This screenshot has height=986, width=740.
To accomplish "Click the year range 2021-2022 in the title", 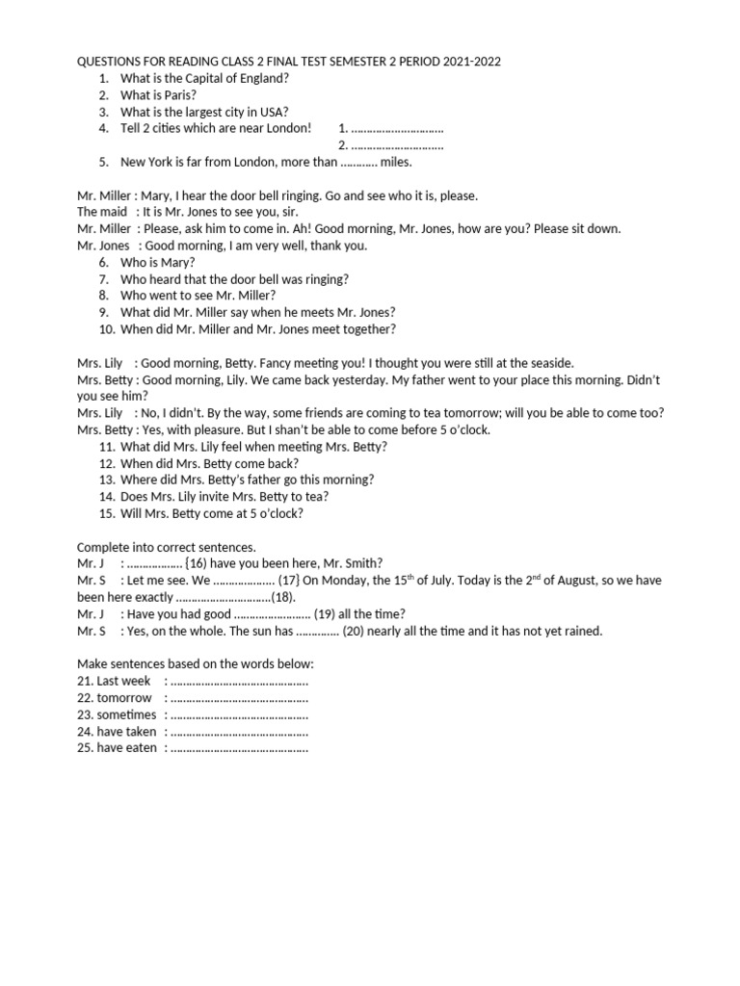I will pos(472,62).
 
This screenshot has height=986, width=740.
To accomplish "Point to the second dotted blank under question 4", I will pos(397,145).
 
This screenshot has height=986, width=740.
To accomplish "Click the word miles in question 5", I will pos(396,162).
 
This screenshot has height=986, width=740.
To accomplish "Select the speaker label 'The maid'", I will pos(102,212).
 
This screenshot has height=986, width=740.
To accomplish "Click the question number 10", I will pos(106,329).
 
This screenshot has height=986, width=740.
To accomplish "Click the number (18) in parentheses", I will pos(282,597).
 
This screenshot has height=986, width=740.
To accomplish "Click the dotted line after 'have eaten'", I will pos(239,748).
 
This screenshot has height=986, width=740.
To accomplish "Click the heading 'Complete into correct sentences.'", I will pos(167,546).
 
